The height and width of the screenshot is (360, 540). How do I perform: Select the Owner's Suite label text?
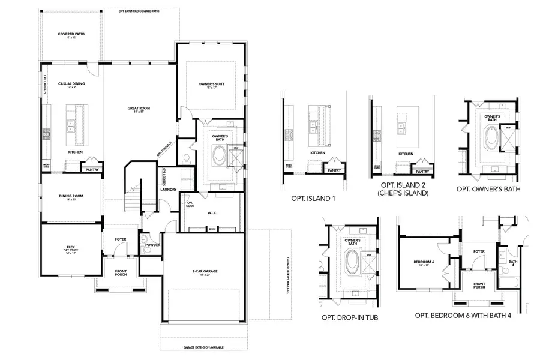(211, 85)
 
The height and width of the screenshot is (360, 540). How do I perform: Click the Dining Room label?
(70, 197)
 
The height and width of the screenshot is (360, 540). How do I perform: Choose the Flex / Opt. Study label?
(70, 247)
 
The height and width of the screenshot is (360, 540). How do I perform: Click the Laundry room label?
(168, 190)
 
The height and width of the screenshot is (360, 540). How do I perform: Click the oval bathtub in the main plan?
(219, 157)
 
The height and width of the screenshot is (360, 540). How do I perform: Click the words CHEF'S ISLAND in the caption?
(401, 193)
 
